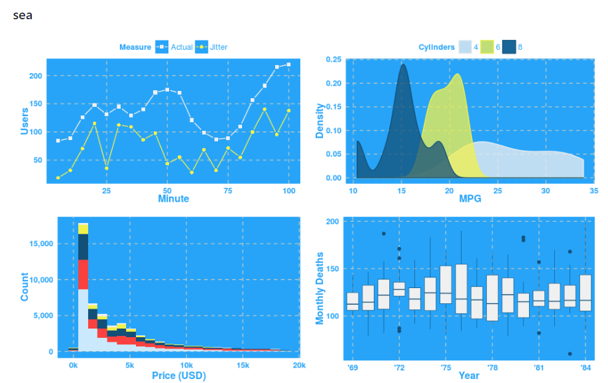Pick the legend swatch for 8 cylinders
coord(509,47)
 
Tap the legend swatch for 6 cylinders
coord(488,47)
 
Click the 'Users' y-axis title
coord(25,121)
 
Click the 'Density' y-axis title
coord(320,120)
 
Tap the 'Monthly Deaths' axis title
coord(320,288)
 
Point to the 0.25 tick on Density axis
coord(334,60)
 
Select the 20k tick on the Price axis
coord(299,366)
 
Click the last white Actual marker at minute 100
coord(288,64)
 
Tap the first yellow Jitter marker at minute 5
coord(58,177)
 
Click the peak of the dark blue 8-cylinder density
coord(402,64)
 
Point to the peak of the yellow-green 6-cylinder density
coord(457,74)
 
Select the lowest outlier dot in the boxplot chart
coord(570,354)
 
